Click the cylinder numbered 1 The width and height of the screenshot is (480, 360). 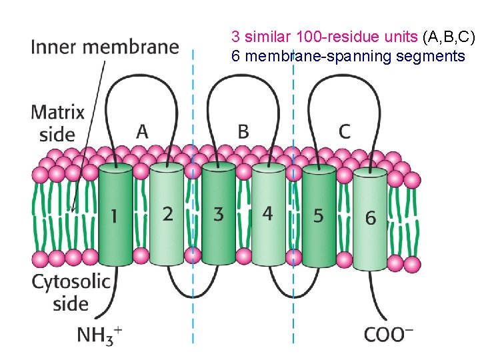tap(115, 215)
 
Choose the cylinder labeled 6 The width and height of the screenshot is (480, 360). tap(370, 218)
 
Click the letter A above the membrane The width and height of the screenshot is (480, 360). tap(141, 131)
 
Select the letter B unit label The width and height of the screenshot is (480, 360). tap(243, 131)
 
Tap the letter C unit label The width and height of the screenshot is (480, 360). tap(344, 131)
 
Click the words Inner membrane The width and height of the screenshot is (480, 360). tap(105, 47)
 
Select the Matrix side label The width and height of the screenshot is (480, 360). tap(57, 123)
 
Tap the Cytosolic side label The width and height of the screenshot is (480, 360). tap(71, 292)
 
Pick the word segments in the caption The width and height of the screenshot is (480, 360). tap(430, 56)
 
